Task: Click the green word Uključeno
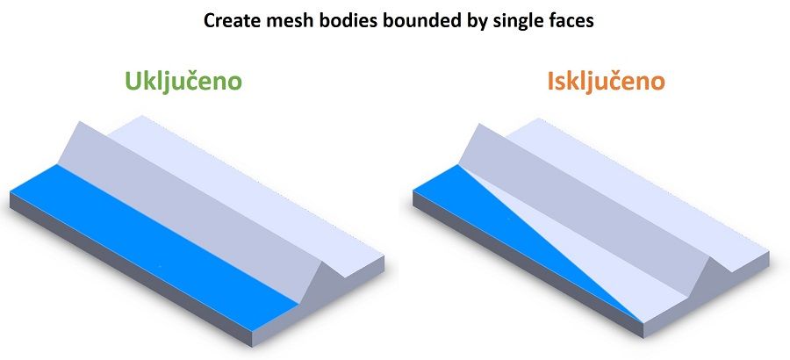[183, 82]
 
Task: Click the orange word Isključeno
[606, 82]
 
